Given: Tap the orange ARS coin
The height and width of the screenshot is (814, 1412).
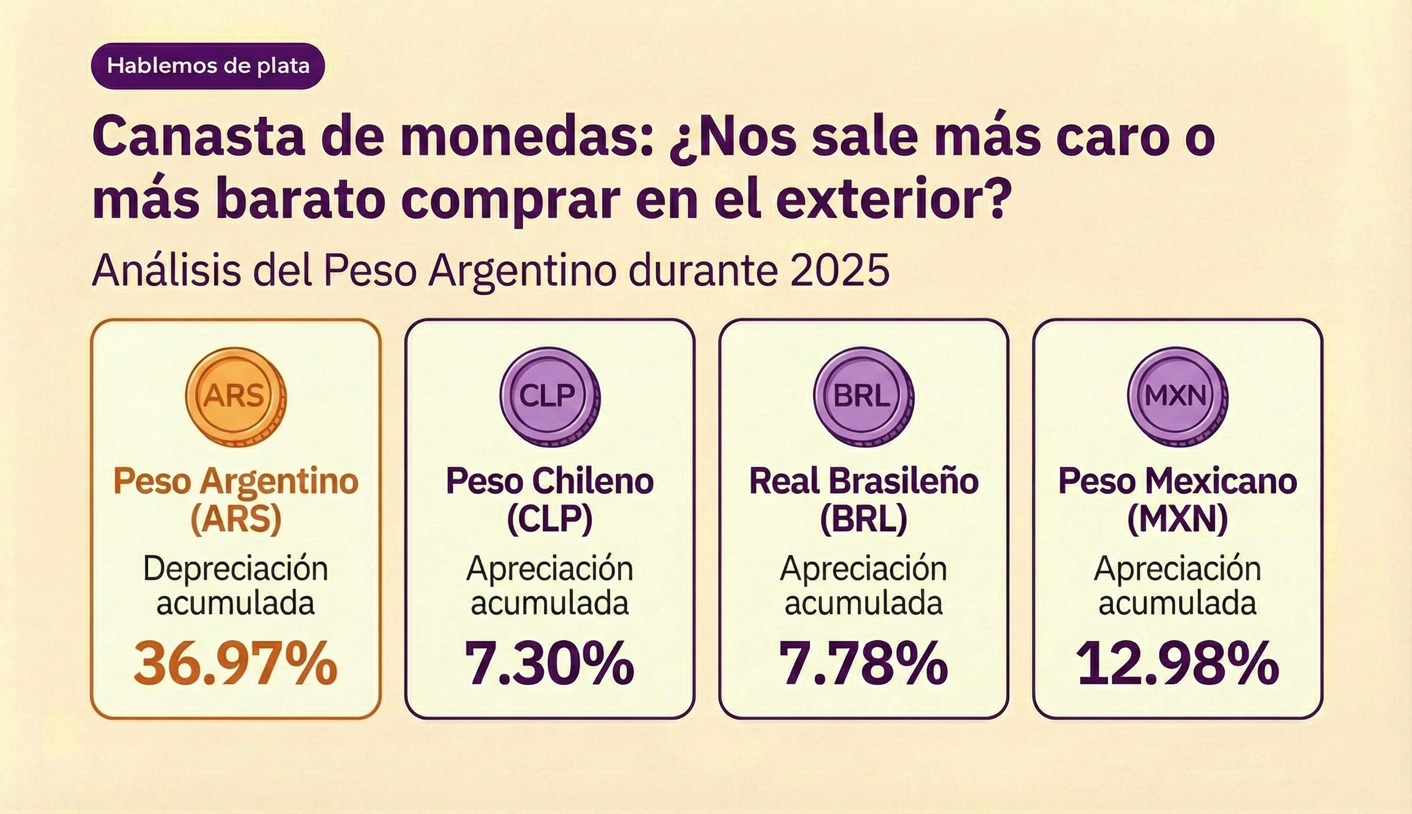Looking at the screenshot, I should click(235, 397).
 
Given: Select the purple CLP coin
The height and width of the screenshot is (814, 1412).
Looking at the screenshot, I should click(549, 397).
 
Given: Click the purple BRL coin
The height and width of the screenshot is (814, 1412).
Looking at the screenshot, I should click(863, 397).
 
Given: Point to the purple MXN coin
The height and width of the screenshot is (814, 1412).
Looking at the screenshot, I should click(1177, 397).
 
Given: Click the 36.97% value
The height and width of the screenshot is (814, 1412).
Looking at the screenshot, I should click(235, 663).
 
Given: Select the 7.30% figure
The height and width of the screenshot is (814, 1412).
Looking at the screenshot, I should click(549, 663).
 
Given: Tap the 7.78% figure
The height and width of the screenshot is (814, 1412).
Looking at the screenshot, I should click(864, 663).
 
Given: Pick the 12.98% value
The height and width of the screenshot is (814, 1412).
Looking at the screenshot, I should click(1177, 663).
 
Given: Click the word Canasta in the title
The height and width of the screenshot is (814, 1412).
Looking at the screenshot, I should click(198, 137).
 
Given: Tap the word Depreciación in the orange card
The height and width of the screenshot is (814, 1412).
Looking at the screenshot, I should click(235, 569).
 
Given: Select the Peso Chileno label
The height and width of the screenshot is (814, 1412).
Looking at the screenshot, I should click(549, 481).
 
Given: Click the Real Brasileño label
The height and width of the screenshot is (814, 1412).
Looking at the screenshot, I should click(864, 481).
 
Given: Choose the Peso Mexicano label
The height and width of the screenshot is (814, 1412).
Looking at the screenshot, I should click(1177, 481).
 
